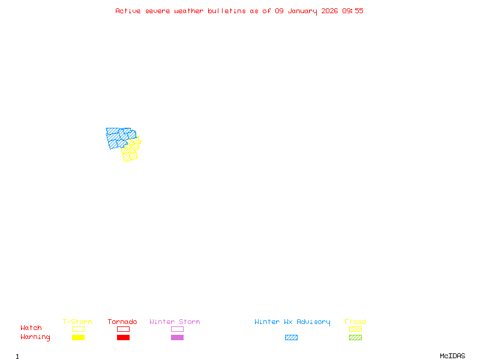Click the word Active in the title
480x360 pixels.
click(128, 11)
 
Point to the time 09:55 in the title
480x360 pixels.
click(353, 11)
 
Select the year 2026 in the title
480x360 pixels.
click(329, 11)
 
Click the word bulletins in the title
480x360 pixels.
click(226, 11)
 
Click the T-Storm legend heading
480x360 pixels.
click(77, 322)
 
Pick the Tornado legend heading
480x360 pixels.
click(122, 322)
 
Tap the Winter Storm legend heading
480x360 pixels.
click(175, 322)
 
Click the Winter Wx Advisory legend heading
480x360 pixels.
click(292, 322)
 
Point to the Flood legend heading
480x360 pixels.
click(355, 322)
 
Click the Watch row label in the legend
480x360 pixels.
click(31, 328)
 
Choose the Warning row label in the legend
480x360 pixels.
click(35, 337)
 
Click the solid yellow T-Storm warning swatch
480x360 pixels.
click(78, 337)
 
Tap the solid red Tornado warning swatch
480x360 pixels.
click(123, 337)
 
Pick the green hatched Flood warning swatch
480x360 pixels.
click(355, 337)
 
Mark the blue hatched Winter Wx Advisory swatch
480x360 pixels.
click(291, 337)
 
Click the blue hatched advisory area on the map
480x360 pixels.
click(115, 137)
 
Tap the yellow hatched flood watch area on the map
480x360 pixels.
click(130, 154)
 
